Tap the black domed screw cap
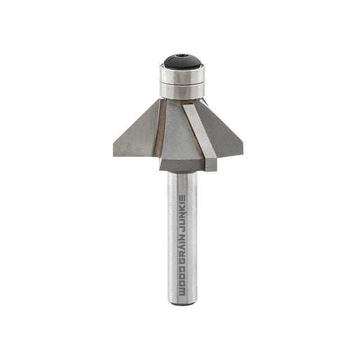182,62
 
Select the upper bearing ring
182,74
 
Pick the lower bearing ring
182,91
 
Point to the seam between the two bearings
182,83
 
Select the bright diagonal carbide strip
200,136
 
